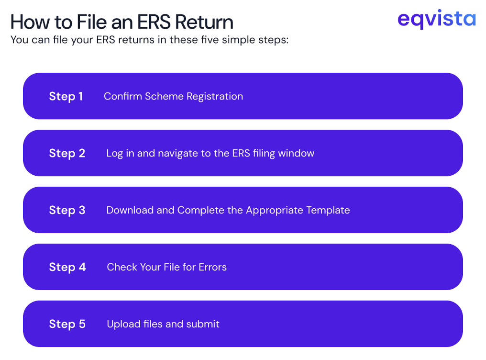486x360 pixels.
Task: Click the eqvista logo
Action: (x=436, y=19)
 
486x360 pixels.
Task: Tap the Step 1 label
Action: (x=66, y=96)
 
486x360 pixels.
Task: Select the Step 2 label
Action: (x=67, y=153)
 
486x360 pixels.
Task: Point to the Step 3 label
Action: (x=67, y=210)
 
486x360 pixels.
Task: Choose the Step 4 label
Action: (x=67, y=267)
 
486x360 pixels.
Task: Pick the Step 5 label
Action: (x=67, y=324)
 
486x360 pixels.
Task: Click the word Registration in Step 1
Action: (x=215, y=96)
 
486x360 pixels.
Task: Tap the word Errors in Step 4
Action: (x=213, y=267)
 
